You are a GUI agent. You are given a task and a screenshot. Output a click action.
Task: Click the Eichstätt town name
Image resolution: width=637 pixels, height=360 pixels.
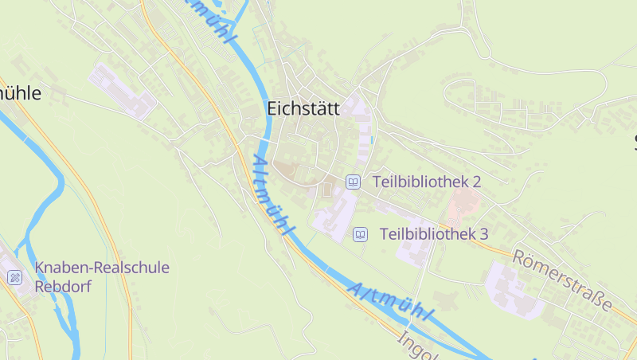click(x=303, y=108)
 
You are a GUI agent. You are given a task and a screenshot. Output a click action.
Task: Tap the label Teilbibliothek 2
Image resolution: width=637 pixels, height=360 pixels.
click(x=426, y=182)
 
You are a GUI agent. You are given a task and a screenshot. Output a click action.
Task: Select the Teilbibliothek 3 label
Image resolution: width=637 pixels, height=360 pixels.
click(x=433, y=234)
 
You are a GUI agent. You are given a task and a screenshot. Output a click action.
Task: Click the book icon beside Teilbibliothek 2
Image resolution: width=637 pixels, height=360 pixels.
click(x=353, y=182)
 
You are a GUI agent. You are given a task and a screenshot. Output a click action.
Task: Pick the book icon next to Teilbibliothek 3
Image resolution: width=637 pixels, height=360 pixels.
click(x=360, y=234)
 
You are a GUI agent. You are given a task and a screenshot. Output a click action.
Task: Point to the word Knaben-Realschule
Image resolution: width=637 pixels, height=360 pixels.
click(x=102, y=268)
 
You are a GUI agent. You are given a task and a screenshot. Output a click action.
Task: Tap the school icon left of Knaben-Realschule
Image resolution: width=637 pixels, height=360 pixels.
click(x=14, y=277)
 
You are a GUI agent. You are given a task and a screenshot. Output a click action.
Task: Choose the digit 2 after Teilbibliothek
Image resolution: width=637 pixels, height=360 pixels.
click(x=476, y=182)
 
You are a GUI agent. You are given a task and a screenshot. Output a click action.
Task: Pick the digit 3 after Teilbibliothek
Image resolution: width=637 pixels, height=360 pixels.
click(x=483, y=234)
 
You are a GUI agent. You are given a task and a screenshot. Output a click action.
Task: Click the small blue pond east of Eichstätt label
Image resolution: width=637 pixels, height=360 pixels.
click(x=371, y=140)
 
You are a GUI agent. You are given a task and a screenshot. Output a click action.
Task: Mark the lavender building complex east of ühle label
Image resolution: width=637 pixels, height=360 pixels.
click(x=123, y=92)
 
